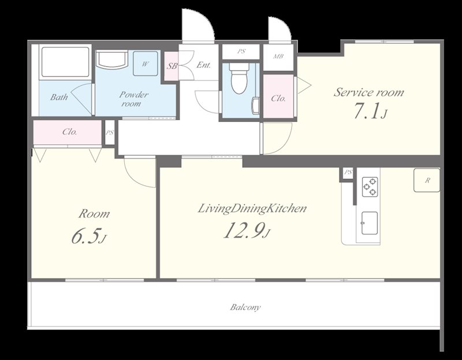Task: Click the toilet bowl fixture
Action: coord(239,78)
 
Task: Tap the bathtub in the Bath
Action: coord(65,62)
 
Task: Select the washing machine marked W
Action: coord(145,63)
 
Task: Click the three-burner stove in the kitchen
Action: coord(370,186)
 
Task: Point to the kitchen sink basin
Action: coord(370,223)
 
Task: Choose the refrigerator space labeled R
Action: coord(427,180)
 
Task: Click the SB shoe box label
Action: coord(172,66)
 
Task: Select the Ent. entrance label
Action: coord(204,65)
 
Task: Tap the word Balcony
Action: coord(245,307)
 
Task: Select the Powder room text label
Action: coord(133,99)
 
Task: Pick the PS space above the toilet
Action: coord(241,51)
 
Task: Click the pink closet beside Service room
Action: coord(278,96)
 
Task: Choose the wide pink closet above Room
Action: coord(68,132)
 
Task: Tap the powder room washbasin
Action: coord(112,60)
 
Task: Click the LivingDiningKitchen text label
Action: coord(252,209)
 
